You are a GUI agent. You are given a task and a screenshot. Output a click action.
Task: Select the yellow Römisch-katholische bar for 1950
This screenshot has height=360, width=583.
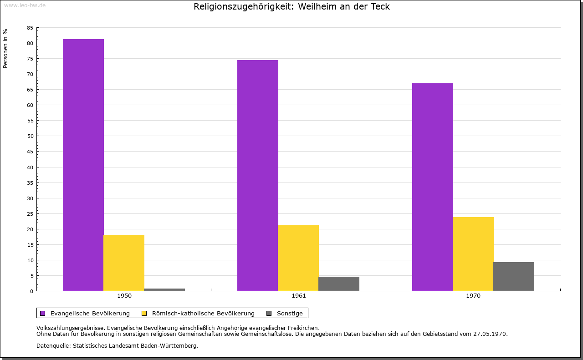124,263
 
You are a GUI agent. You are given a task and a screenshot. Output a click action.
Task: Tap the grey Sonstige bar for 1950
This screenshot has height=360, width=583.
164,289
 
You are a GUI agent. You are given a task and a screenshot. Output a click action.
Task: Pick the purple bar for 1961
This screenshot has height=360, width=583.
258,175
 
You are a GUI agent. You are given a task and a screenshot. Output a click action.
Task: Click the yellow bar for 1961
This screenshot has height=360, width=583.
298,258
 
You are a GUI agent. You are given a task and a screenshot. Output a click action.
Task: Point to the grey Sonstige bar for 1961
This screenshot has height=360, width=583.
339,284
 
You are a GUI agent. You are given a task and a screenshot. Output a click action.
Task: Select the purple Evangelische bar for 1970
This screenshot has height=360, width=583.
433,187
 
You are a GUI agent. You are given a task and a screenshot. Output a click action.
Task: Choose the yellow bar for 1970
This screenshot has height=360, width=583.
473,254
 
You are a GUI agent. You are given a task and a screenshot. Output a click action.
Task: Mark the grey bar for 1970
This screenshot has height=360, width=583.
514,276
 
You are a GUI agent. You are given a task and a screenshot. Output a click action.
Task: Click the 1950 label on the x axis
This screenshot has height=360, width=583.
124,296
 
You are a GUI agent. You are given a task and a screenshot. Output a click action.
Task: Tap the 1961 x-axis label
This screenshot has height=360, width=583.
299,296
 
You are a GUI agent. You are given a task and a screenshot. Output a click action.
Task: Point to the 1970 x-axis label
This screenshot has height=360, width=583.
473,296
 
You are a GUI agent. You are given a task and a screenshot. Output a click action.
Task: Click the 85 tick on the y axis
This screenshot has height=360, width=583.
30,28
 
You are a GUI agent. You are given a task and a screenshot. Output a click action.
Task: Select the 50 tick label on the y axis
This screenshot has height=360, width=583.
30,136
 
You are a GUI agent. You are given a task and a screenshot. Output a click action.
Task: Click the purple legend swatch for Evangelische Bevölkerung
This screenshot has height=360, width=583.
43,313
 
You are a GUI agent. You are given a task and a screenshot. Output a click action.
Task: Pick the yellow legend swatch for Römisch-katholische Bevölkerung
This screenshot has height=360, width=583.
144,313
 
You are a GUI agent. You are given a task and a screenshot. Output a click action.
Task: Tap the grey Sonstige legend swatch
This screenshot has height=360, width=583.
269,313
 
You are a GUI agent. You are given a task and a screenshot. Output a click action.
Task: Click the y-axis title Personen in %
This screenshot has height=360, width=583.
5,48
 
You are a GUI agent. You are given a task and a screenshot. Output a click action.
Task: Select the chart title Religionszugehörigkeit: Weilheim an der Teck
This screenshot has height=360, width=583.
291,7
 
